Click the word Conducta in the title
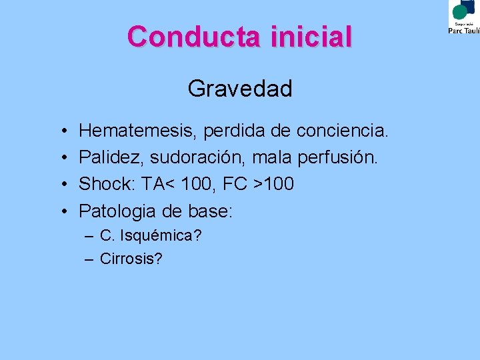[x=195, y=37]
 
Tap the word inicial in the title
[x=311, y=37]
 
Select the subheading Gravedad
[x=240, y=88]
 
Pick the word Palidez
[x=111, y=158]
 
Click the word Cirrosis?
[x=131, y=259]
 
